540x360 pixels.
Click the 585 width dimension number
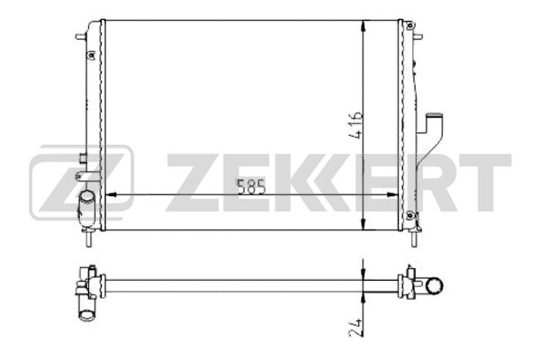[x=251, y=186]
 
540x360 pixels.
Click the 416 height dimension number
[x=355, y=125]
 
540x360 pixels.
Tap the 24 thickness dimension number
[x=355, y=327]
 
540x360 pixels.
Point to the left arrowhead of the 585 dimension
[x=110, y=195]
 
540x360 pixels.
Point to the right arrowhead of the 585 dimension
[x=392, y=195]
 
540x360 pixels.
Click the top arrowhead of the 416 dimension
[x=364, y=26]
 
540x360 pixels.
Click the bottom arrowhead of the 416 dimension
[x=364, y=224]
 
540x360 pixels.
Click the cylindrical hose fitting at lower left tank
[x=85, y=205]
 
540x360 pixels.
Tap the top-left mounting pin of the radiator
[x=80, y=36]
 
